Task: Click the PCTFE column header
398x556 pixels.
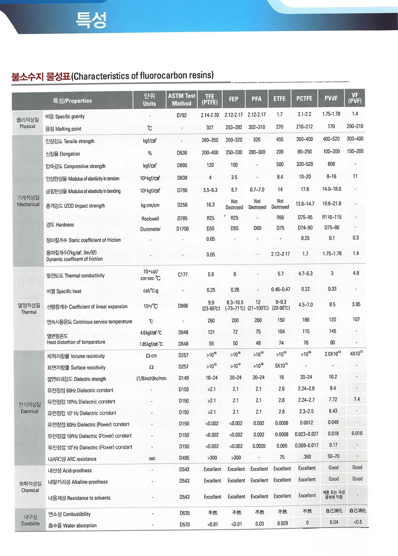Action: [304, 98]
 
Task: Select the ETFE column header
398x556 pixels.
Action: [279, 98]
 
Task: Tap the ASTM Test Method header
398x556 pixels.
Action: [181, 100]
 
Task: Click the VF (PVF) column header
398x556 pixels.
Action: [355, 98]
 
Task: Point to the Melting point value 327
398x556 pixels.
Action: [210, 127]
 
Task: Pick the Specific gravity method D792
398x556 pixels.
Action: [181, 116]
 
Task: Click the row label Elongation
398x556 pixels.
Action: [63, 154]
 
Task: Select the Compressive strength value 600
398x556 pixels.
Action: [331, 164]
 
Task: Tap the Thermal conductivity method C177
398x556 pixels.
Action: [183, 274]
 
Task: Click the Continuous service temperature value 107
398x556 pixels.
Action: [356, 319]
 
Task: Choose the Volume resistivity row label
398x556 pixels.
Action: [76, 356]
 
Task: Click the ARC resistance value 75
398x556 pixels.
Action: [282, 457]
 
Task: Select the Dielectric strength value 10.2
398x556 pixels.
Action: [333, 377]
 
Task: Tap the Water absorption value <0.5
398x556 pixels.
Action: [357, 522]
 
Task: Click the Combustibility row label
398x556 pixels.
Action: [69, 514]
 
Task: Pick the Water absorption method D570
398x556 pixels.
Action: [184, 525]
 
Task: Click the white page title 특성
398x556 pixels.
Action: [91, 20]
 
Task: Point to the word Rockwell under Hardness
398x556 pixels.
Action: [150, 219]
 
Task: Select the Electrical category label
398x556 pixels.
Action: [29, 408]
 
